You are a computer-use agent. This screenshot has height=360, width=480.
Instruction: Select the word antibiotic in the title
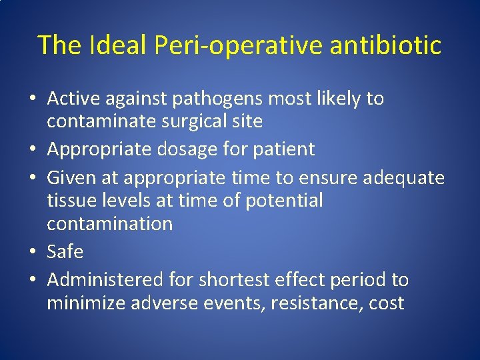click(383, 45)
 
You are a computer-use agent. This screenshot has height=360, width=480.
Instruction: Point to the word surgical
click(191, 121)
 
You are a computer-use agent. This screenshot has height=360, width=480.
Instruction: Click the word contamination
click(109, 223)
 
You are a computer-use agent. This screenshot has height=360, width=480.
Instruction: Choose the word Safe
click(65, 252)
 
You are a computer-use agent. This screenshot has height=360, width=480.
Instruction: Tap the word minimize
click(87, 303)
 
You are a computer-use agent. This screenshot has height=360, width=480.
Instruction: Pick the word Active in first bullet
click(73, 99)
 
